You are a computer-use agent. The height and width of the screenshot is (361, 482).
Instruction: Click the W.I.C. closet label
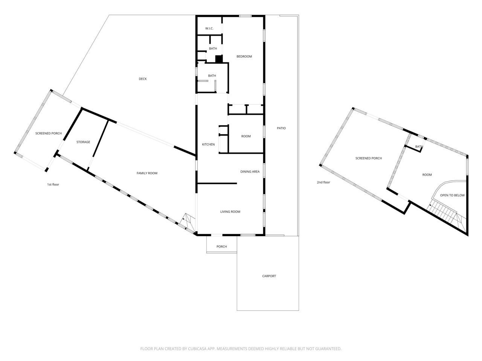[209, 29]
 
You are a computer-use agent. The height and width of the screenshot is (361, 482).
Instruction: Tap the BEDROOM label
[244, 56]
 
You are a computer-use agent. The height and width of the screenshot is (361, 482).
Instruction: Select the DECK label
[143, 79]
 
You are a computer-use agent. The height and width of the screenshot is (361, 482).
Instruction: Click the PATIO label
[281, 128]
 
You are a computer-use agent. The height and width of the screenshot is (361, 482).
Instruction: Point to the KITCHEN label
[208, 144]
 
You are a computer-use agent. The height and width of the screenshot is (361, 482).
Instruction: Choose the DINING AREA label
[250, 171]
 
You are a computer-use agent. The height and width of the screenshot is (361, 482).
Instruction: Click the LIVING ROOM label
[230, 212]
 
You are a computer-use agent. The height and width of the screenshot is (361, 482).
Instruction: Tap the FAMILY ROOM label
[147, 173]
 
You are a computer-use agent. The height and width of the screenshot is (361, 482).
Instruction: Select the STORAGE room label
[83, 142]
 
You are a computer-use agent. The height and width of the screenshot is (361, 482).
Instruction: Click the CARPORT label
[269, 276]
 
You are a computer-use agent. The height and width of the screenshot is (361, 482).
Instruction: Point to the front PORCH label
[222, 247]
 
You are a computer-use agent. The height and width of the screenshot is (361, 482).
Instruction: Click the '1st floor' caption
[53, 185]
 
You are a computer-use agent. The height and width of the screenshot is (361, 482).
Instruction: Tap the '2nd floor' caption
[323, 182]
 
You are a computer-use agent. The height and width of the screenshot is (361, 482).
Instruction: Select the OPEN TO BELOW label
[452, 195]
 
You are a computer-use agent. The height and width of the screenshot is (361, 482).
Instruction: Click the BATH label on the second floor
[419, 147]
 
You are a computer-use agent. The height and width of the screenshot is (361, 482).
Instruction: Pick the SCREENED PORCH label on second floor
[369, 158]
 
